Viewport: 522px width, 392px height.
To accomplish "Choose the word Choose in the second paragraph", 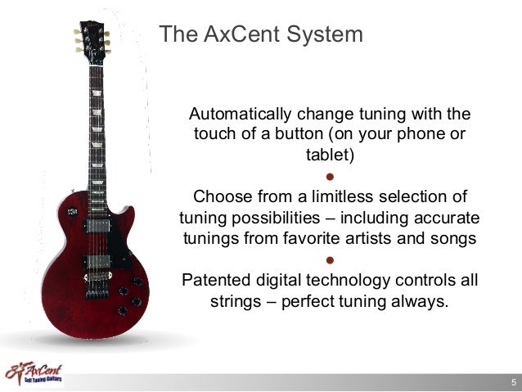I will [x=218, y=196].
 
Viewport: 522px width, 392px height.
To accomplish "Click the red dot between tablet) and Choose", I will [x=330, y=176].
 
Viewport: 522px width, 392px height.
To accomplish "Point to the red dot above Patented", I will [x=330, y=260].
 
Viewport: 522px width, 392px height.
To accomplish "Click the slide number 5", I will [x=513, y=382].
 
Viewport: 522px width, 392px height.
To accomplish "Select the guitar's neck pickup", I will [x=97, y=219].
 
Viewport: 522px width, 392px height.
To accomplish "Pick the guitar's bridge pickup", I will [x=97, y=261].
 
